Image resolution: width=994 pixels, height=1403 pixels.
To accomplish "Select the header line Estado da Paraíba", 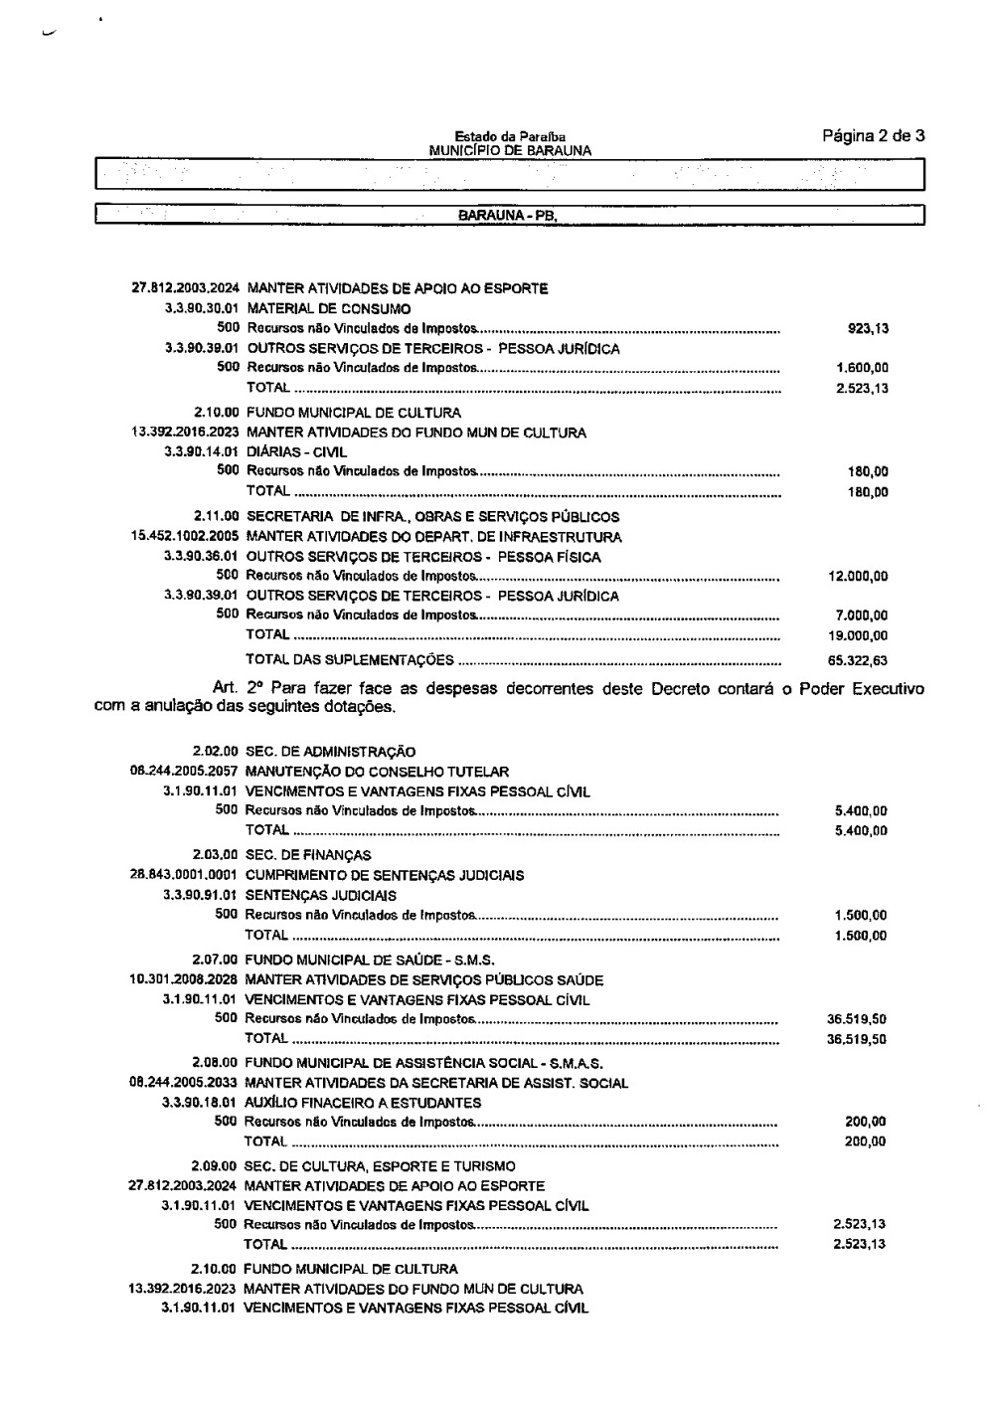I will pos(510,137).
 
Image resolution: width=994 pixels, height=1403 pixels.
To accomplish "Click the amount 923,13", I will pos(867,328).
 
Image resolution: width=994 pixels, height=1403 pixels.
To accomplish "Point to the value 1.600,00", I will pos(863,369).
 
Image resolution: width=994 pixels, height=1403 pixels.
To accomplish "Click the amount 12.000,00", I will pos(858,577).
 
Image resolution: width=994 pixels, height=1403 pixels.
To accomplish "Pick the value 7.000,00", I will pos(863,616).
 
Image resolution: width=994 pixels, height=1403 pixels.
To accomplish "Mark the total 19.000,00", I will pos(858,636).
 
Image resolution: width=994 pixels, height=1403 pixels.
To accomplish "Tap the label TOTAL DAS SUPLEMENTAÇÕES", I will pos(349,660).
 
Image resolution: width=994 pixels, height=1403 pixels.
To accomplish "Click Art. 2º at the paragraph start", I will pos(236,688).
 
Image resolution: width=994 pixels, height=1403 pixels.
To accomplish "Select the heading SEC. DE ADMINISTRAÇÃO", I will pos(330,752).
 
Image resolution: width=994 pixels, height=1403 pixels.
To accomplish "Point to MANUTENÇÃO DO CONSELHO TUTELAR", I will pos(377,772).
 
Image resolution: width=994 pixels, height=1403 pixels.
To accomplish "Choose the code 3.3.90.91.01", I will pos(199,896).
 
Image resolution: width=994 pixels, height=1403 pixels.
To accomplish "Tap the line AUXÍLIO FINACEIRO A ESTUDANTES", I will pos(363,1103).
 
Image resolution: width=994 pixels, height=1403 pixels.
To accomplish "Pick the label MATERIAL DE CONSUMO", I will pos(315,308).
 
